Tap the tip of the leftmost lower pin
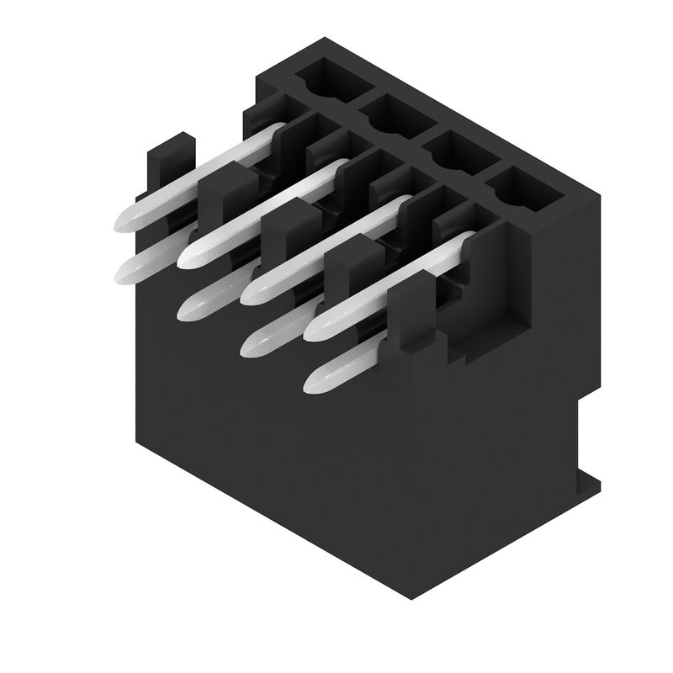122,271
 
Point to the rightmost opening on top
526,188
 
